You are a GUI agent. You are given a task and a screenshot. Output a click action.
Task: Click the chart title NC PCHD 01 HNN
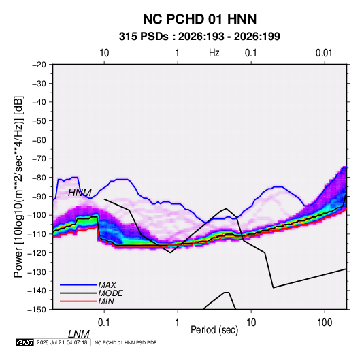199,19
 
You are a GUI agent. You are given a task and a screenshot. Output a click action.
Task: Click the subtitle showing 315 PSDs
199,37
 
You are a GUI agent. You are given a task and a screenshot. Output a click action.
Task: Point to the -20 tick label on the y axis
39,65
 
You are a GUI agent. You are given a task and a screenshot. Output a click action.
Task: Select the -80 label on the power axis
39,178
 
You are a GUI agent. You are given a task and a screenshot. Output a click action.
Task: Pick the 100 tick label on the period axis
325,323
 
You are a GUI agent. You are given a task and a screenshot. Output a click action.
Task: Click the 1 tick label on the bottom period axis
178,323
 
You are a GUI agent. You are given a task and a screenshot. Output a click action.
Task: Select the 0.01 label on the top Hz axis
324,53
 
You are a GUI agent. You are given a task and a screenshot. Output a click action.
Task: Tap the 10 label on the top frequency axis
104,53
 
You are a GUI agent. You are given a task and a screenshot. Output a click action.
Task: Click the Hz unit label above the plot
214,53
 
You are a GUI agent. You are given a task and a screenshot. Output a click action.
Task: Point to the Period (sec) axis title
214,330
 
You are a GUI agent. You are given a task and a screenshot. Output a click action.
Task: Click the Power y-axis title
18,187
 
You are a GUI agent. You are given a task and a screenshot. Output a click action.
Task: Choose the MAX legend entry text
107,285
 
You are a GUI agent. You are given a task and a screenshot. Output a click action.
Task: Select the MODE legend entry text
110,293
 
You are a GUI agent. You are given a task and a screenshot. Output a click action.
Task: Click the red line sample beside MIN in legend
78,301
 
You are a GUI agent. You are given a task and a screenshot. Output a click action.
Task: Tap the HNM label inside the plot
80,193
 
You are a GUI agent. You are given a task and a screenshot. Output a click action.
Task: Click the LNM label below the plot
79,334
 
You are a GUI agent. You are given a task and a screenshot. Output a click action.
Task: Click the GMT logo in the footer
25,342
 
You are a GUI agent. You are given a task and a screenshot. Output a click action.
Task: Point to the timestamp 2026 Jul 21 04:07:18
62,342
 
